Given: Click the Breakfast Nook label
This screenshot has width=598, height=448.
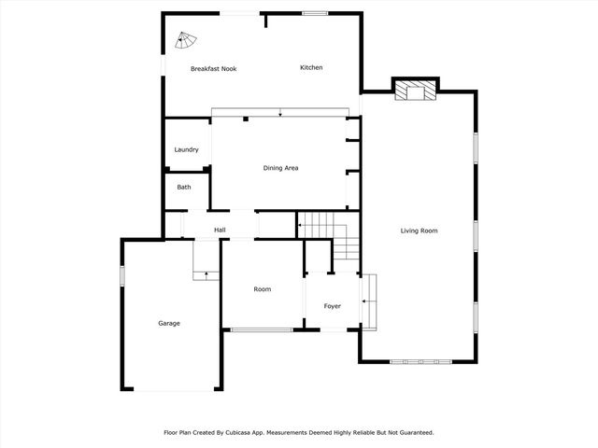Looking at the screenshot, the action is click(214, 69).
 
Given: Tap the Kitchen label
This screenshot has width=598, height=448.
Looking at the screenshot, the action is click(311, 67).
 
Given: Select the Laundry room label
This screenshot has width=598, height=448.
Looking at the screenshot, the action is click(186, 149).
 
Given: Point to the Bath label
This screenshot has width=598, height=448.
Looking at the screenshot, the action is click(184, 187).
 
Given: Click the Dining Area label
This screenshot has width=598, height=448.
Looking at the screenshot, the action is click(280, 168).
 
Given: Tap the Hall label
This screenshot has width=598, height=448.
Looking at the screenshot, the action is click(220, 230).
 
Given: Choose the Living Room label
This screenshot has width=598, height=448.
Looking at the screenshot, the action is click(419, 231).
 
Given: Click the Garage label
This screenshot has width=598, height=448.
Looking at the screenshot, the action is click(169, 324).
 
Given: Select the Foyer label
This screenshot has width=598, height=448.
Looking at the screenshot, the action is click(333, 306).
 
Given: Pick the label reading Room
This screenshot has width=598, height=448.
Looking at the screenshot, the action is click(263, 289).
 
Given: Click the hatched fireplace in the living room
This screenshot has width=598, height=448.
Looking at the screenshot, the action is click(415, 91).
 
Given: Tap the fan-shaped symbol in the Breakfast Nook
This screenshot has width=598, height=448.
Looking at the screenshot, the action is click(186, 40).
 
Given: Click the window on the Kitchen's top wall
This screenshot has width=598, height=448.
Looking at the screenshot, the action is click(315, 13).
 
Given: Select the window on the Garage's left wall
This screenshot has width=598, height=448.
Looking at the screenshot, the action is click(122, 275).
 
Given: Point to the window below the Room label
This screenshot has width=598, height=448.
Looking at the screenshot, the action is click(262, 329).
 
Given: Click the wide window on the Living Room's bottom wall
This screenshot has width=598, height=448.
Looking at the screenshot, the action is click(420, 361).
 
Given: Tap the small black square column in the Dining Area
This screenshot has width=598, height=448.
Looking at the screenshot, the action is click(246, 119).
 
